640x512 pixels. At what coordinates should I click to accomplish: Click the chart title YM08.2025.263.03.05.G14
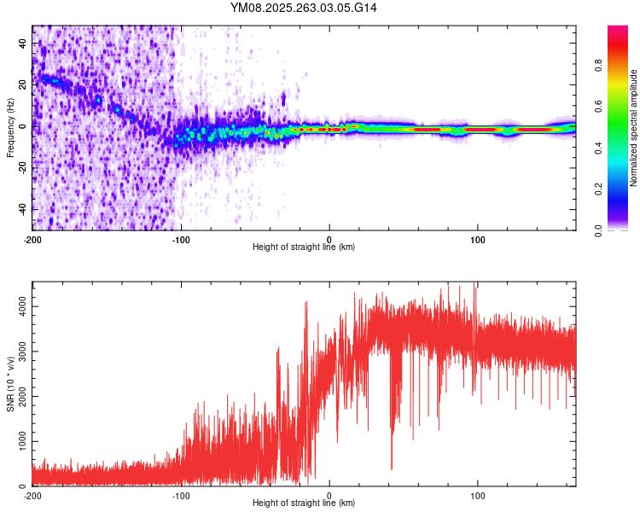coord(304,8)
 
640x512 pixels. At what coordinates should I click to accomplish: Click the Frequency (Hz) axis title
coord(9,127)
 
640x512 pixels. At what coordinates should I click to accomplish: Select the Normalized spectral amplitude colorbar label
coord(633,129)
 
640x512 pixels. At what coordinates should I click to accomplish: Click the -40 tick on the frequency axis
coord(23,209)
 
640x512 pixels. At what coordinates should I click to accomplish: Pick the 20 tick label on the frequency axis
coord(24,84)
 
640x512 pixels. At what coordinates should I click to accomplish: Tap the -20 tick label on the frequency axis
coord(23,167)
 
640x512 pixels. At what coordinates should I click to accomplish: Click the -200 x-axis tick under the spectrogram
coord(32,240)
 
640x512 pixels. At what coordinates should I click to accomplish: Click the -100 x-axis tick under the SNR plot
coord(181,495)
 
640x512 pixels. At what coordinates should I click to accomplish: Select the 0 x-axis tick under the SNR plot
coord(329,495)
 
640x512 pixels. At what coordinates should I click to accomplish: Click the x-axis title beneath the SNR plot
coord(304,503)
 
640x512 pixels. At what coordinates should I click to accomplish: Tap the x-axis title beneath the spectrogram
coord(304,247)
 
